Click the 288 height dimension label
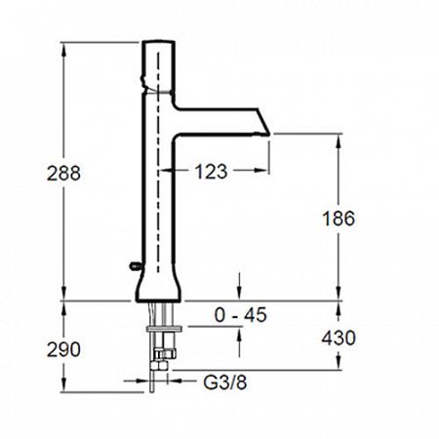pyautogui.click(x=63, y=173)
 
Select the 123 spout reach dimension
pyautogui.click(x=211, y=172)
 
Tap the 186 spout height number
pyautogui.click(x=339, y=219)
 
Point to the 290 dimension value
pyautogui.click(x=63, y=350)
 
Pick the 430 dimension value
pyautogui.click(x=339, y=338)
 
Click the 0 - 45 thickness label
pyautogui.click(x=241, y=314)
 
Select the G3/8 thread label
pyautogui.click(x=225, y=382)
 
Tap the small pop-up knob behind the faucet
pyautogui.click(x=136, y=266)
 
